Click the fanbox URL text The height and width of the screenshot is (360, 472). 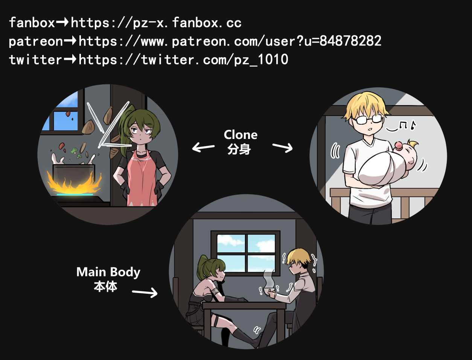156,23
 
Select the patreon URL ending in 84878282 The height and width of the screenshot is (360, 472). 230,41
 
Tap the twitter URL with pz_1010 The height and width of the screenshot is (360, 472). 183,60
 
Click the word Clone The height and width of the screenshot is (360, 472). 241,135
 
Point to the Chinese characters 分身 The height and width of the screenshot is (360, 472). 239,149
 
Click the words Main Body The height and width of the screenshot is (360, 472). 108,273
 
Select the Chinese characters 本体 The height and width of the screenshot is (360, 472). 106,286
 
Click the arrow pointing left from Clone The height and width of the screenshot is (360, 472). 203,147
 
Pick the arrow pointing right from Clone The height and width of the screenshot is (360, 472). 283,148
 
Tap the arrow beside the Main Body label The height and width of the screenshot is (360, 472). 145,293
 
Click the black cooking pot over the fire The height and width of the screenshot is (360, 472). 74,174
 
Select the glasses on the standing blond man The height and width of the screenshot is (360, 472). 368,119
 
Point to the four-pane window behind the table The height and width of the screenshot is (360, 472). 245,253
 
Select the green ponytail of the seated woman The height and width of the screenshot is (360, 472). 203,267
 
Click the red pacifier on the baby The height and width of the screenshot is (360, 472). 399,146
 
